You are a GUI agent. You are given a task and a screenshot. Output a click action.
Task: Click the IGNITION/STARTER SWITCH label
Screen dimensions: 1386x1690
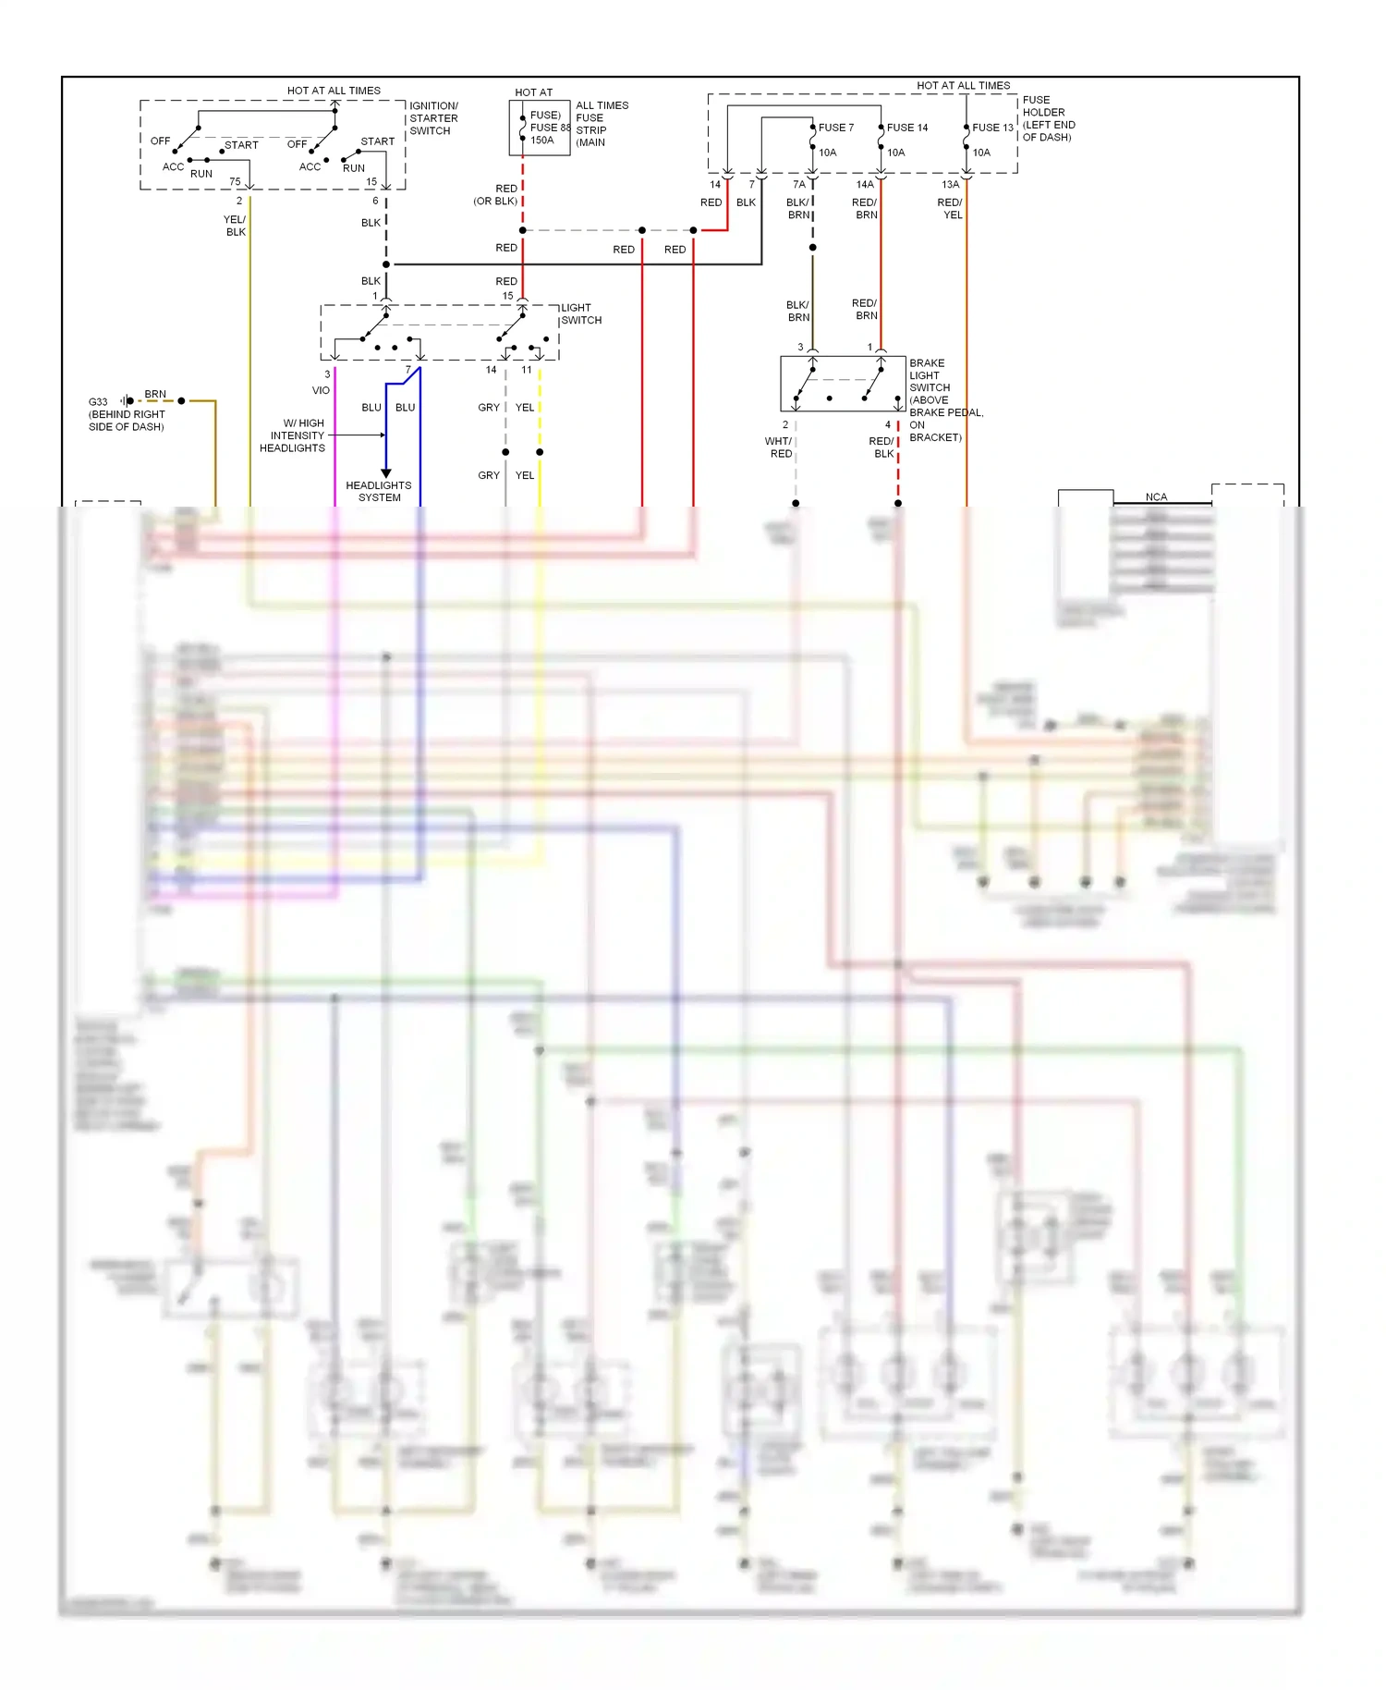click(x=433, y=118)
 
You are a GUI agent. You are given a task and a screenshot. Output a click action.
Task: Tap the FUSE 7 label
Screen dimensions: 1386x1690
click(x=835, y=128)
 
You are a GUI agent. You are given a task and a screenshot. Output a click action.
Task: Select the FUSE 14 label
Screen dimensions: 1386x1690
click(x=906, y=128)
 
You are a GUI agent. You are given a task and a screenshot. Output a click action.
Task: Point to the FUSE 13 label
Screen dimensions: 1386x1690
click(x=991, y=128)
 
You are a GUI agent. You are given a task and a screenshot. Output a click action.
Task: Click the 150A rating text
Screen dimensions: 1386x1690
click(x=541, y=141)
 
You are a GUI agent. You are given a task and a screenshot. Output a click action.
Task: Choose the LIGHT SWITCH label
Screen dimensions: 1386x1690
click(x=580, y=314)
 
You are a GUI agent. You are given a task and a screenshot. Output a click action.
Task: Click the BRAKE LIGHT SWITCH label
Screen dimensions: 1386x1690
click(x=929, y=375)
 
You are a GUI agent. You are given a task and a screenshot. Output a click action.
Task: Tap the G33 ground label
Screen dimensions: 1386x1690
click(x=98, y=402)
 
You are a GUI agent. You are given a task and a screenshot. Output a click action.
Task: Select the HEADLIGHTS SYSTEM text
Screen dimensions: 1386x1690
click(x=379, y=491)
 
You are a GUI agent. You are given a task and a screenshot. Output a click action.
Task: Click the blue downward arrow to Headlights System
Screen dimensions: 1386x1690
click(x=386, y=472)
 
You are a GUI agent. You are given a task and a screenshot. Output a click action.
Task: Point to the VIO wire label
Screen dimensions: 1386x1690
click(x=321, y=390)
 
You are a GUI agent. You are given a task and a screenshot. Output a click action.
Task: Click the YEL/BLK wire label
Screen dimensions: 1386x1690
click(x=235, y=226)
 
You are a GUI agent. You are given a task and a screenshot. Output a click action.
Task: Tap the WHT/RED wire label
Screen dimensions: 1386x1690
click(x=779, y=447)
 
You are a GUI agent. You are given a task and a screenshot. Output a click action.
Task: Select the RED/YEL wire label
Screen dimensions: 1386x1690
click(x=950, y=208)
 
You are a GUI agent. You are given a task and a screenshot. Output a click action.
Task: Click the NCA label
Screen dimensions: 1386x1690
click(x=1156, y=496)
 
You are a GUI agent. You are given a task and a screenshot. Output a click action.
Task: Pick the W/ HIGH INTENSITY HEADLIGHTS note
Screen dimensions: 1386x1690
click(x=293, y=435)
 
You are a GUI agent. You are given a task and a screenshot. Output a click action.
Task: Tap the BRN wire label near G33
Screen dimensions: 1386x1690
click(x=155, y=394)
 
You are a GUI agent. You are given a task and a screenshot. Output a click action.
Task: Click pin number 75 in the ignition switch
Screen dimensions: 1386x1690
click(x=235, y=181)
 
